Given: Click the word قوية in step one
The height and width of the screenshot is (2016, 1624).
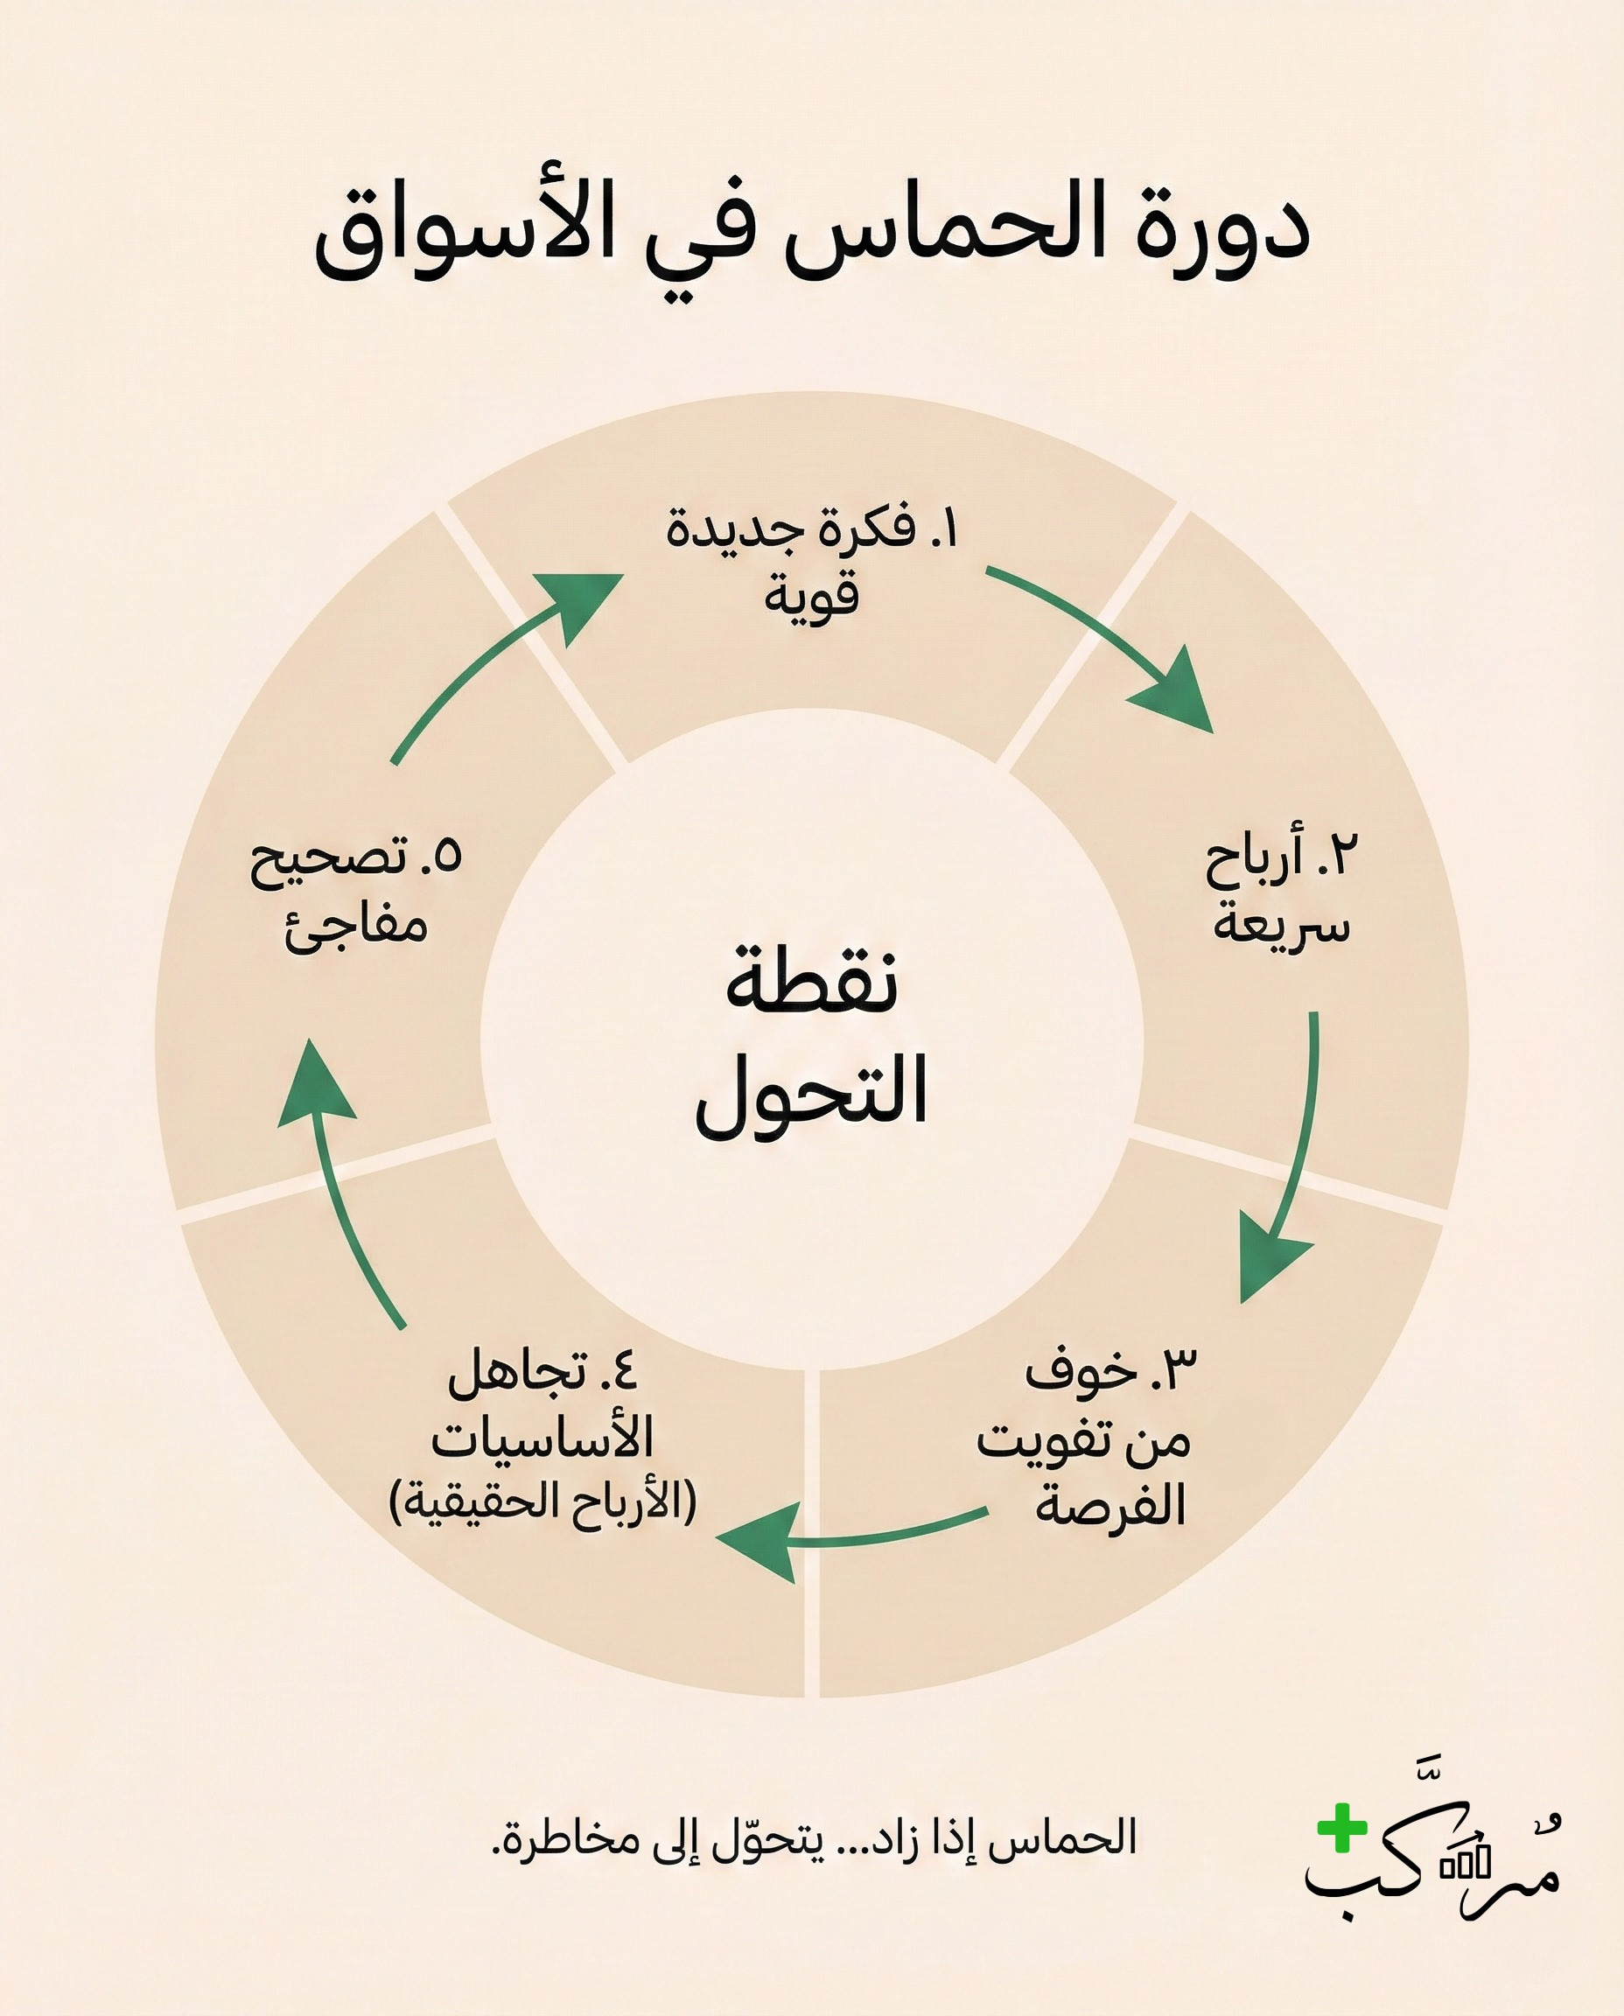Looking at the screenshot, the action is pyautogui.click(x=811, y=597).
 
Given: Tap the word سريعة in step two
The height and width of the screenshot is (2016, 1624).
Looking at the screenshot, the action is pyautogui.click(x=1282, y=924).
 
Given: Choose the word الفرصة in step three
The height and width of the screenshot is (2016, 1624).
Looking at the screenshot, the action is pyautogui.click(x=1110, y=1506).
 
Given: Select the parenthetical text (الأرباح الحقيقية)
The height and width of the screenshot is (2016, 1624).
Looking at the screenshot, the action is pyautogui.click(x=543, y=1502).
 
